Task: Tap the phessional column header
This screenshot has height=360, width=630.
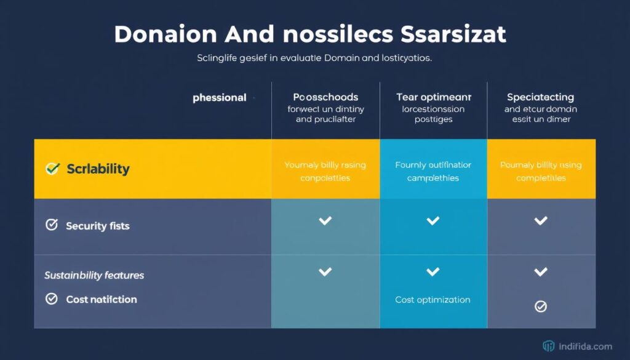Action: (220, 98)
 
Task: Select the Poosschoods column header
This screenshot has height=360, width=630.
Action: (325, 97)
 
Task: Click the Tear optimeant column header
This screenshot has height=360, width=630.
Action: (433, 97)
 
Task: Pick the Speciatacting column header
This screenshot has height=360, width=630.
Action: (540, 97)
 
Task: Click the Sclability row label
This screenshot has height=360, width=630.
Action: (98, 169)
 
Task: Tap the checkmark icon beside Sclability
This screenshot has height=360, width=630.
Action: (53, 169)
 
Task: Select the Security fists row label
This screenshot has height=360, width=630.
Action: (97, 226)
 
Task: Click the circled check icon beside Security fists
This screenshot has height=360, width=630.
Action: (52, 225)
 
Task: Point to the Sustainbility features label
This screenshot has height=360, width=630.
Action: (94, 275)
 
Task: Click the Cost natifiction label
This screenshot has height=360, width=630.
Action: (102, 299)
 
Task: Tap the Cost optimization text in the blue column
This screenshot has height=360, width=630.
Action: (433, 300)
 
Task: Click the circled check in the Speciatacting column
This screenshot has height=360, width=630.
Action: (540, 306)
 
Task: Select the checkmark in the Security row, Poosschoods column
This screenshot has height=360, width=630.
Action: (325, 220)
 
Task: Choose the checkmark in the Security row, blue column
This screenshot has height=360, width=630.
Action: (433, 220)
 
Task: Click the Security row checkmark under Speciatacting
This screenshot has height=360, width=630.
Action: (540, 220)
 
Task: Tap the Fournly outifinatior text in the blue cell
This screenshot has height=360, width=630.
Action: (433, 165)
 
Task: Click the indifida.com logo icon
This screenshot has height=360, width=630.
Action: (549, 346)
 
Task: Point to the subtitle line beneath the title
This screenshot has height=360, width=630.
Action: (314, 59)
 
